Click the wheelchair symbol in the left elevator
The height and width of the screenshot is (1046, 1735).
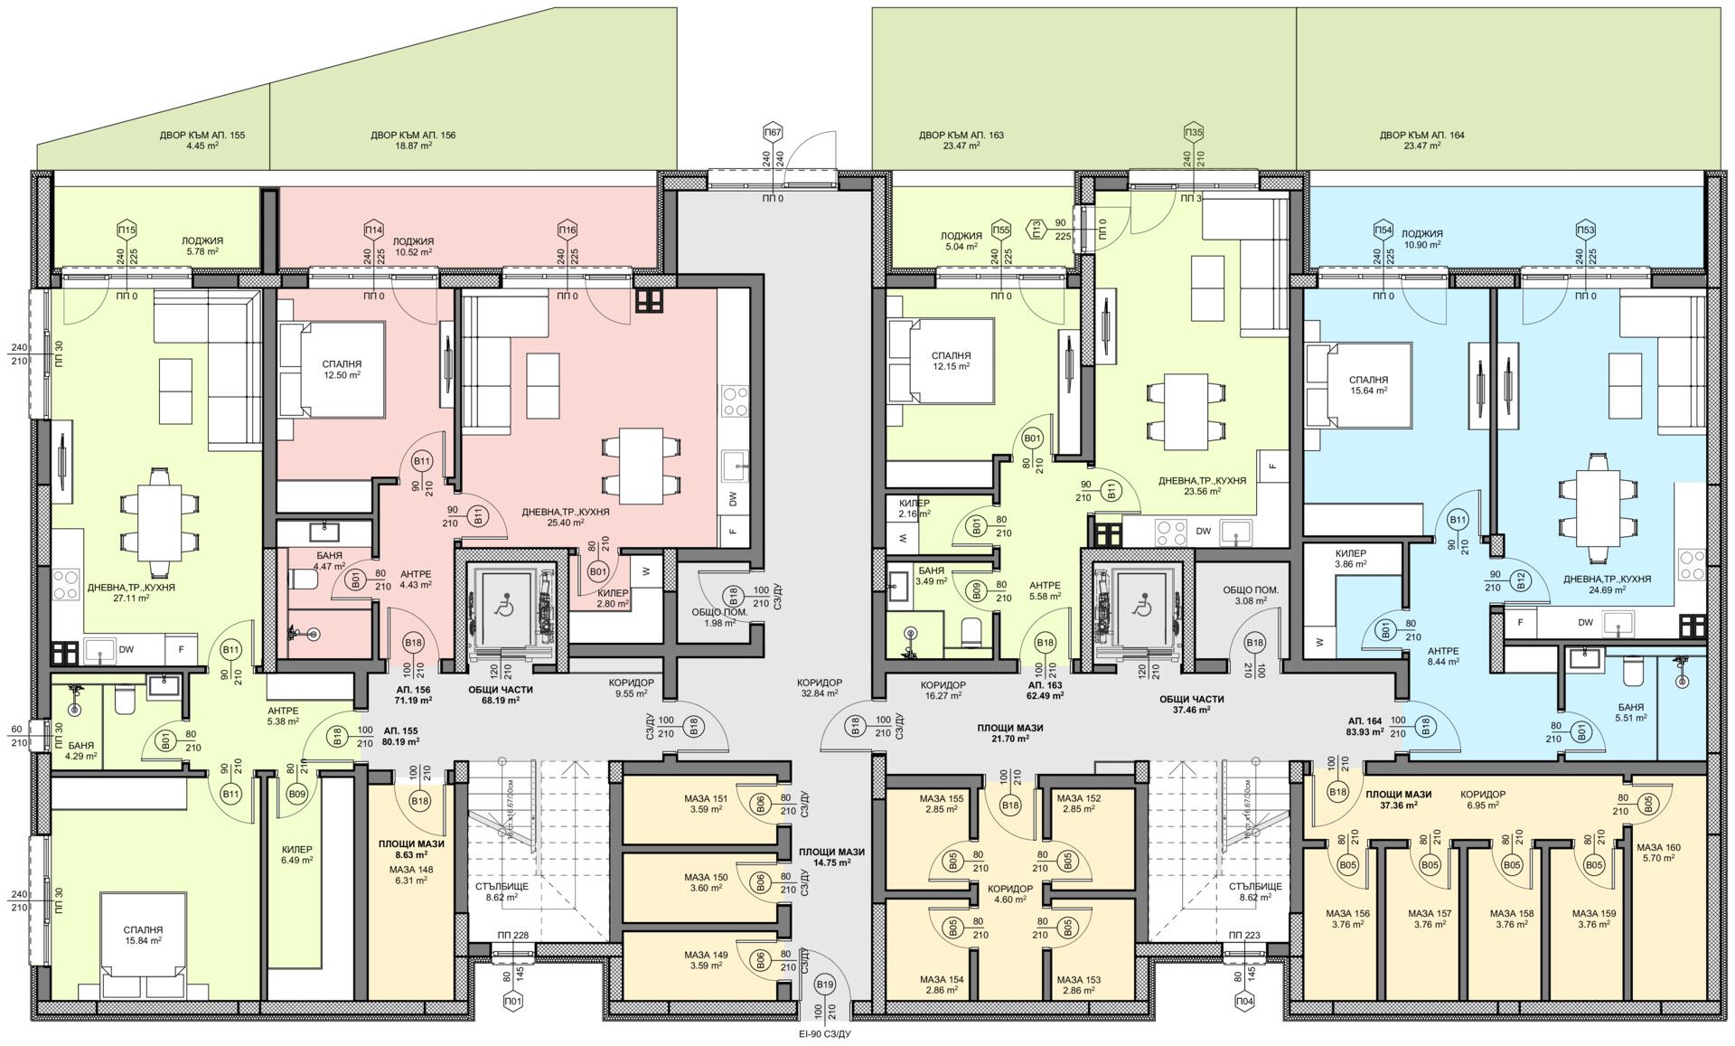coord(502,606)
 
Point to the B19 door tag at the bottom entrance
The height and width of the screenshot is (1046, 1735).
coord(824,985)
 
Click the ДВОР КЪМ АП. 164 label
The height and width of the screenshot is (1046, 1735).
coord(1421,140)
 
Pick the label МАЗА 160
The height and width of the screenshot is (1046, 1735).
coord(1659,853)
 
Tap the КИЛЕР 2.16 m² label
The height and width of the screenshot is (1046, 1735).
coord(914,508)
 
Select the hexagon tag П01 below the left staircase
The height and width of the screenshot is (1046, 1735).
coord(513,1002)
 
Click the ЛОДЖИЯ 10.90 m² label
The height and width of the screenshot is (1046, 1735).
coord(1422,239)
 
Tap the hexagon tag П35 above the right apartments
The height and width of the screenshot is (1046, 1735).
coord(1194,133)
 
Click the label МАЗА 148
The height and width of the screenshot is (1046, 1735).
coord(411,874)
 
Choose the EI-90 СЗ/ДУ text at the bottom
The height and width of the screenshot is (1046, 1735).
coord(819,1033)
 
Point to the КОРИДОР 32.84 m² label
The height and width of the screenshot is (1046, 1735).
coord(819,688)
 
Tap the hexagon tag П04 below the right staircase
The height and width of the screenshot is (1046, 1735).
coord(1245,1002)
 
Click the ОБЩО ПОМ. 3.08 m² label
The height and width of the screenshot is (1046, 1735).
coord(1249,594)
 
